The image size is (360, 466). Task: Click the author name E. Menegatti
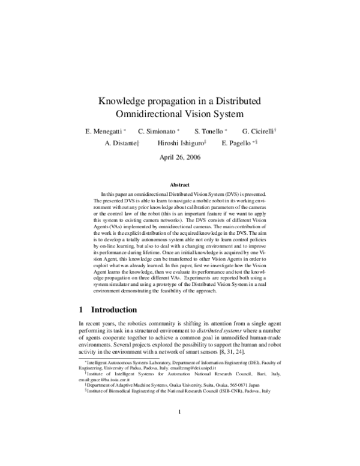[106, 132]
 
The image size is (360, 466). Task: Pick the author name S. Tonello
[209, 132]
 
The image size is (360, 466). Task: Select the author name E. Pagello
[236, 144]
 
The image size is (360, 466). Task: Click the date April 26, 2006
[180, 157]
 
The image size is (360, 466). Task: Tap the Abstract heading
[180, 185]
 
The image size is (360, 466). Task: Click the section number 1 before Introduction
[82, 310]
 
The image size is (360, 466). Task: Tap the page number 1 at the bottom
[180, 428]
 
